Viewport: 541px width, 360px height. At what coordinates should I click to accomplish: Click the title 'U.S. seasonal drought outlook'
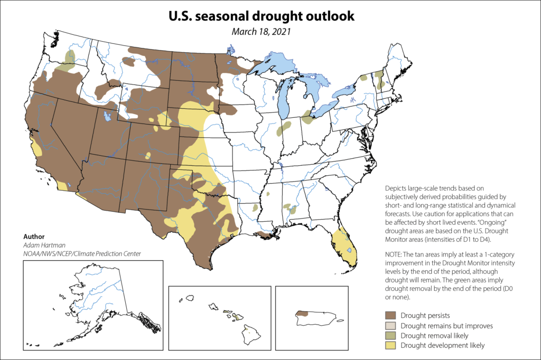point(261,16)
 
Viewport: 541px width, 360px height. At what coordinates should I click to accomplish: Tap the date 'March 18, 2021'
point(261,31)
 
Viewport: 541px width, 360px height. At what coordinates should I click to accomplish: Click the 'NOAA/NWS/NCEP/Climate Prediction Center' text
point(82,254)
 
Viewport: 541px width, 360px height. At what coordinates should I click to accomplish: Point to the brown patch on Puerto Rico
point(302,313)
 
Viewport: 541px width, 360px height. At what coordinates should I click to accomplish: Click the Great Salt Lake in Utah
point(108,115)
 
